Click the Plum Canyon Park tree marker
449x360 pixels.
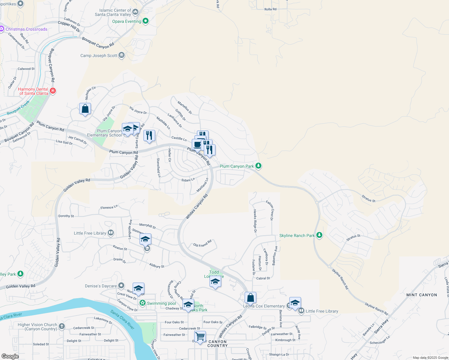258,166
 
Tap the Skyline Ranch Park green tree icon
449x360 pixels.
319,235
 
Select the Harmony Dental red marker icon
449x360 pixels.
53,91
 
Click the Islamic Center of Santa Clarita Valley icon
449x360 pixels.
135,12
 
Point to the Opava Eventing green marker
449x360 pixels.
146,21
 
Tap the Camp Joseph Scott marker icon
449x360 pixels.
122,55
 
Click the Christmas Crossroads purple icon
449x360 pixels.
2,29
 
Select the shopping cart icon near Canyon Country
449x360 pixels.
200,336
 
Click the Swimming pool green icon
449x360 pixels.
143,303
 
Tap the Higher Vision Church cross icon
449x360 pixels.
62,326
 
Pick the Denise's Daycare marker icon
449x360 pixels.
121,286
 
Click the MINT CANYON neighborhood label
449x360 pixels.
421,295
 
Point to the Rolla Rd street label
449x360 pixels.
270,9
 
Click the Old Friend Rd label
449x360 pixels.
202,243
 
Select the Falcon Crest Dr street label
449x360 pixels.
270,211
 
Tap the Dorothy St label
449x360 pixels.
66,216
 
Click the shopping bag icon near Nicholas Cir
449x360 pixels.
85,109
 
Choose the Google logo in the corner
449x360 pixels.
10,356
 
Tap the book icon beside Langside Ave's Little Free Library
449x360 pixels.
111,233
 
